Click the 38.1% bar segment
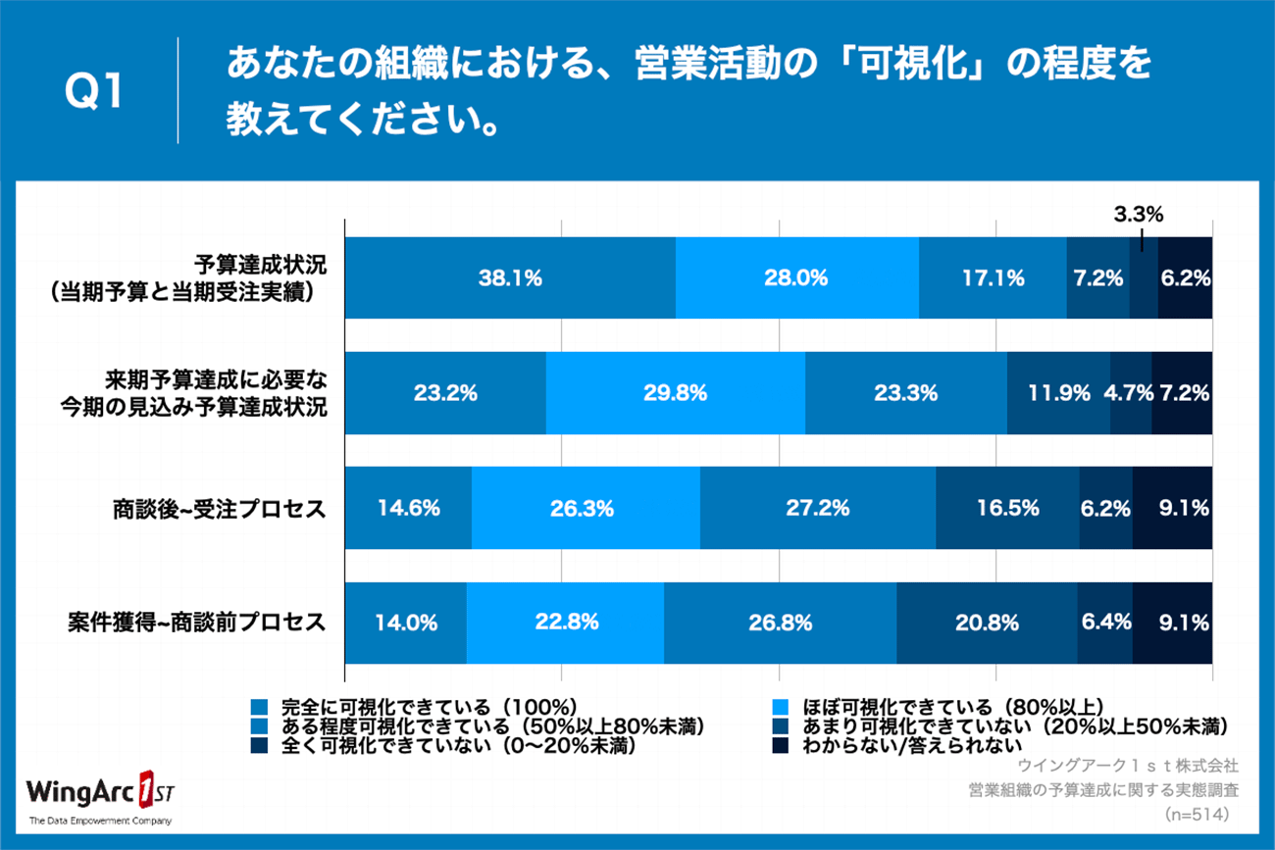(510, 277)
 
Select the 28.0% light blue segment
(796, 277)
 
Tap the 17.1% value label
(994, 278)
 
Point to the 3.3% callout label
(1139, 215)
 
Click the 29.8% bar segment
(676, 393)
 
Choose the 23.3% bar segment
(906, 393)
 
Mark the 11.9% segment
(1058, 393)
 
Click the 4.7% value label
(1128, 393)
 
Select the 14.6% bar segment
(408, 508)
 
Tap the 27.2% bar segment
(818, 508)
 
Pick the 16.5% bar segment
(1007, 508)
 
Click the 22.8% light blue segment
(565, 623)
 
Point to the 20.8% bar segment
(987, 623)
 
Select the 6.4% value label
(1106, 623)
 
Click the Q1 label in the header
(93, 91)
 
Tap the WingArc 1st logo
(100, 796)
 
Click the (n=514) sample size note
(1197, 815)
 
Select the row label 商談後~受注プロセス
(219, 509)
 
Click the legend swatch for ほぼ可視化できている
(781, 707)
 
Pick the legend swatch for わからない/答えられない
(781, 745)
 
